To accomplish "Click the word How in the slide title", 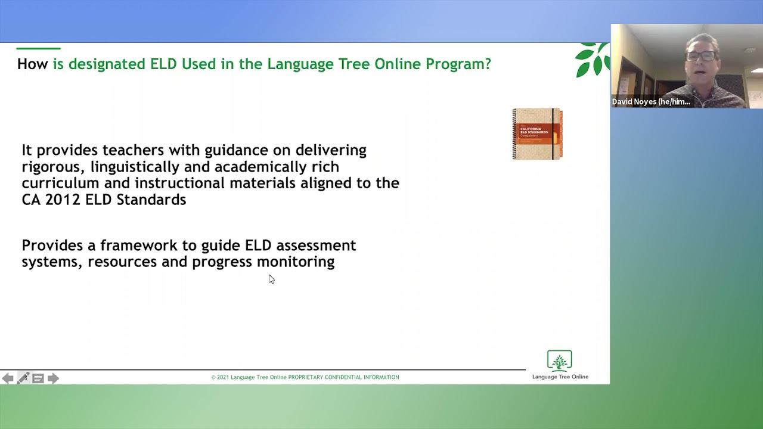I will [x=32, y=64].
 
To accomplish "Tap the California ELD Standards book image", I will [x=537, y=134].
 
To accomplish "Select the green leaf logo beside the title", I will [x=591, y=60].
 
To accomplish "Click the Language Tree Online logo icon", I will [x=559, y=361].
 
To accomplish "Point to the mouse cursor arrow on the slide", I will [x=271, y=278].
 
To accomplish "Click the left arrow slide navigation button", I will [x=8, y=378].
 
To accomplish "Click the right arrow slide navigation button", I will [x=53, y=378].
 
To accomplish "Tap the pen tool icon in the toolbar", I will [x=23, y=378].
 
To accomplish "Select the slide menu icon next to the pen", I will [x=38, y=378].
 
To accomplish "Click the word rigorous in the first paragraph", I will [x=48, y=167].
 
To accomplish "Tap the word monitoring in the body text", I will [x=296, y=262].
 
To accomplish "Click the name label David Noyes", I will [x=651, y=102].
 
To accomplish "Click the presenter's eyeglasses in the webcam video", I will [x=702, y=56].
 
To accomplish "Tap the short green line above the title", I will [x=38, y=48].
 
